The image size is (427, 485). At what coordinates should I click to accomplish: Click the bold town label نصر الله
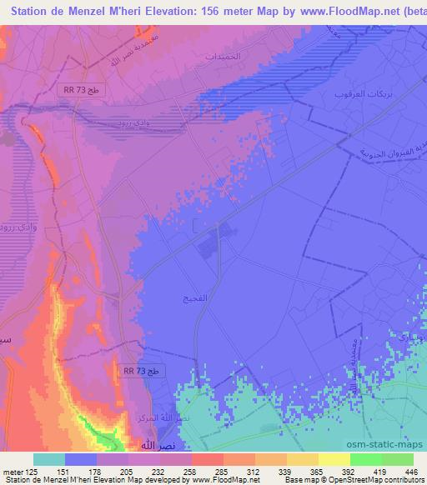138,447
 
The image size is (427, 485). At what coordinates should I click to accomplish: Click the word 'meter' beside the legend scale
13,470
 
